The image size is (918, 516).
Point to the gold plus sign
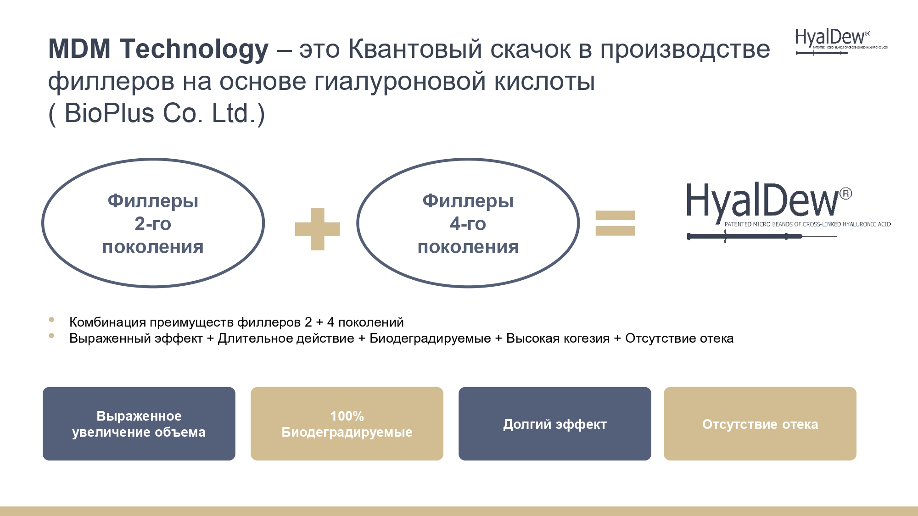pos(318,229)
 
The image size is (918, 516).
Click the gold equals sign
pos(615,223)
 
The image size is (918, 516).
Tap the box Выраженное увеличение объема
pos(139,424)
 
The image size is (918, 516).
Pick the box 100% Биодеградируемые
pos(347,424)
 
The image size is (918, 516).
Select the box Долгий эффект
pos(555,424)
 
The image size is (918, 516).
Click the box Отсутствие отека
pos(760,424)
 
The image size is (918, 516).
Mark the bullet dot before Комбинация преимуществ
pos(51,320)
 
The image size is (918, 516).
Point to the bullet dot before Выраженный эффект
pos(51,336)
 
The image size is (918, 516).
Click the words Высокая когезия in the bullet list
pos(558,338)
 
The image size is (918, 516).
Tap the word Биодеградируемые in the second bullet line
pos(430,339)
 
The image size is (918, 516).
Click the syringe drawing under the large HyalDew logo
pos(762,237)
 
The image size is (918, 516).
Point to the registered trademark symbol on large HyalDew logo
pos(846,194)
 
